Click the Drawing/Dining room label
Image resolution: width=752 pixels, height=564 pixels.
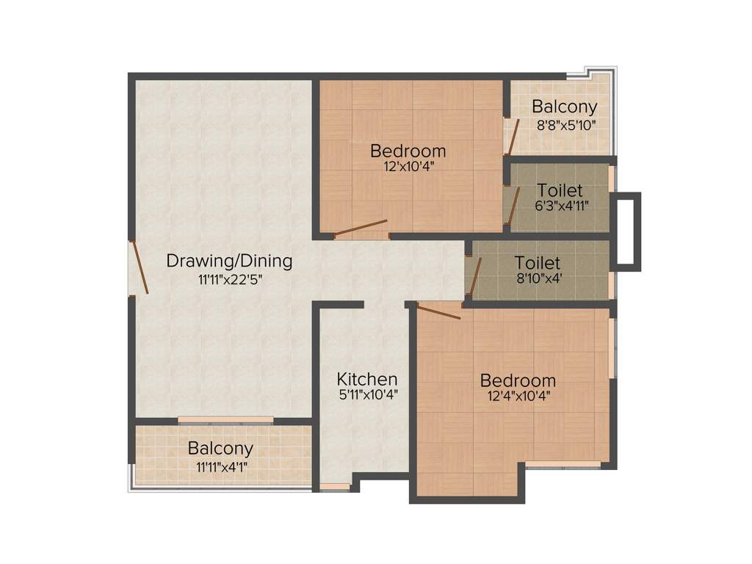pos(229,261)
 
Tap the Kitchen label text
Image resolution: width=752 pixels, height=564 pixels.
pos(367,380)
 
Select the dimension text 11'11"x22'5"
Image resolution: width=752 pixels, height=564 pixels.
pos(229,279)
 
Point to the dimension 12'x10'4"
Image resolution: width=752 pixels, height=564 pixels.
pos(408,167)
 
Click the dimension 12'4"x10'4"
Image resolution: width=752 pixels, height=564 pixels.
pos(518,397)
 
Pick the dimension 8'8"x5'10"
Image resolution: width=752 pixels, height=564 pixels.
pos(565,125)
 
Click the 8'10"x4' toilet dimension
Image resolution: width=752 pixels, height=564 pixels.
pos(538,278)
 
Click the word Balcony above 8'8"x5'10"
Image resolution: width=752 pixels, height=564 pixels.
pos(565,107)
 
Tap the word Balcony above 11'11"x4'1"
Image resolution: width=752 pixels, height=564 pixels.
pos(220,448)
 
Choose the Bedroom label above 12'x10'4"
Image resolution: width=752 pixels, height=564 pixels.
pos(408,151)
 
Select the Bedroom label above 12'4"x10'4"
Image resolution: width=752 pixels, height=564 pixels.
pos(518,381)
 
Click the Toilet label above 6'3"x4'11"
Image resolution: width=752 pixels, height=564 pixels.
pos(560,190)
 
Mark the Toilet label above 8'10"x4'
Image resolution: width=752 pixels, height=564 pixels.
pos(538,263)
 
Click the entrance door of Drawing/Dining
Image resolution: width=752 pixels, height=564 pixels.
pos(140,268)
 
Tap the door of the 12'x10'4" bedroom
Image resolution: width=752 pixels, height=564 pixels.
pos(361,228)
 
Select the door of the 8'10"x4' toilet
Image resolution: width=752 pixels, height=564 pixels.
pos(474,275)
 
